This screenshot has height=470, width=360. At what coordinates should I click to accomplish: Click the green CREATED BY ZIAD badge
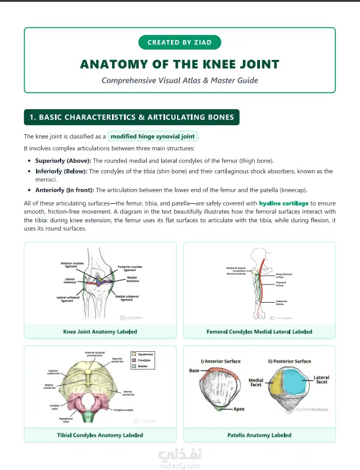tap(179, 42)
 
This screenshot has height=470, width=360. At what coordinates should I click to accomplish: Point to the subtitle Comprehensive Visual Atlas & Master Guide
tap(179, 80)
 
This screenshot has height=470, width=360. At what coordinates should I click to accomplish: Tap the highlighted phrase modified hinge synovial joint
tap(153, 136)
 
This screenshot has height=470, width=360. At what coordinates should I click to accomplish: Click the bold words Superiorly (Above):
tap(63, 160)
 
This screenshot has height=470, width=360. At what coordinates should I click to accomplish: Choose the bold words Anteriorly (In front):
tap(65, 190)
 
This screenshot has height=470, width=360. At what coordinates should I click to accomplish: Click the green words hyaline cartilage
tap(283, 203)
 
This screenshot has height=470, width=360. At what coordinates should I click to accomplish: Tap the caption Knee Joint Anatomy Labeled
tap(100, 332)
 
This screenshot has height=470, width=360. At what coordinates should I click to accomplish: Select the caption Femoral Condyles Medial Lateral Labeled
tap(259, 332)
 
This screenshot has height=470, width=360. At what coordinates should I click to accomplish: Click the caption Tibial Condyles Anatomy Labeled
tap(100, 435)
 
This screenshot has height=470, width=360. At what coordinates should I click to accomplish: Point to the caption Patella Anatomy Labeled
tap(259, 435)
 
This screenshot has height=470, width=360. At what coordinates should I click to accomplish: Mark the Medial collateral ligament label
tap(126, 298)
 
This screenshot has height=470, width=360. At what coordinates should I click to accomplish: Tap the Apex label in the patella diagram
tap(239, 409)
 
